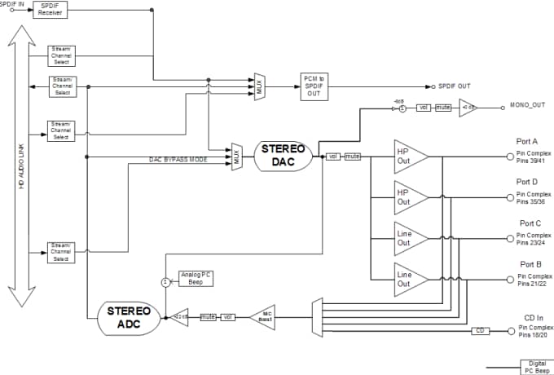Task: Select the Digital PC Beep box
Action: coord(535,366)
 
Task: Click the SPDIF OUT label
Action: coord(454,86)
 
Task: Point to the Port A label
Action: coord(527,140)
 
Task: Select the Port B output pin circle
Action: coord(510,278)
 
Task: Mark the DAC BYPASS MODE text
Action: coord(178,160)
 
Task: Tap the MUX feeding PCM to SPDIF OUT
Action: coord(259,86)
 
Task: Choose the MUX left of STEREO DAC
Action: coord(236,156)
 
